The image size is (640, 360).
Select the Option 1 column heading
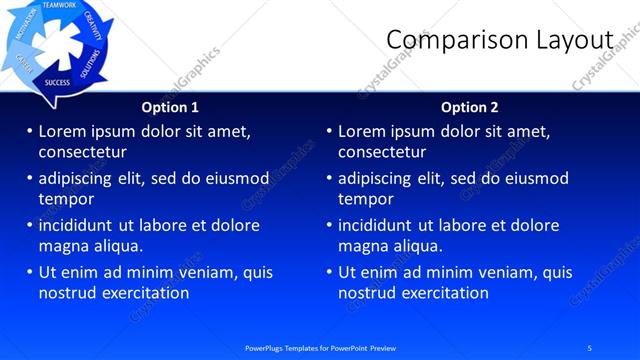coord(169,107)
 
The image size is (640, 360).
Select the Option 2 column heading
coord(469,107)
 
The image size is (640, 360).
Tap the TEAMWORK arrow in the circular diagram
coord(60,6)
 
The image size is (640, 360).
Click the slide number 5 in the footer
coord(589,347)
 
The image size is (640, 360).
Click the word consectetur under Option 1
coord(82,152)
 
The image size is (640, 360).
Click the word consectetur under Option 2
coord(382,152)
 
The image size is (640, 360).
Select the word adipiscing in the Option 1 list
coord(78,178)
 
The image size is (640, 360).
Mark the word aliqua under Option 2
coord(421,246)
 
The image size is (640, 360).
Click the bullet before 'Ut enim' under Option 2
coord(329,272)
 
